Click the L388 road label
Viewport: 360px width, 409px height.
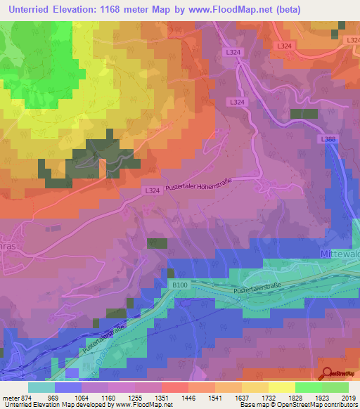(x=328, y=139)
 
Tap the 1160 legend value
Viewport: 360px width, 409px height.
(x=95, y=398)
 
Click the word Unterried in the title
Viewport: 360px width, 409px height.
(x=30, y=9)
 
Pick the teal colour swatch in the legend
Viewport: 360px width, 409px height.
(x=41, y=387)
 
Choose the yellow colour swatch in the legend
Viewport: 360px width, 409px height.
(x=281, y=387)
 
